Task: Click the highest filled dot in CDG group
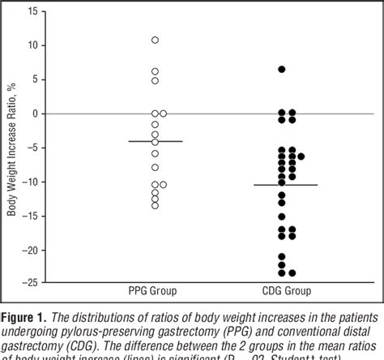click(x=282, y=70)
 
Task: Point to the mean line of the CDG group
click(x=282, y=185)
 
